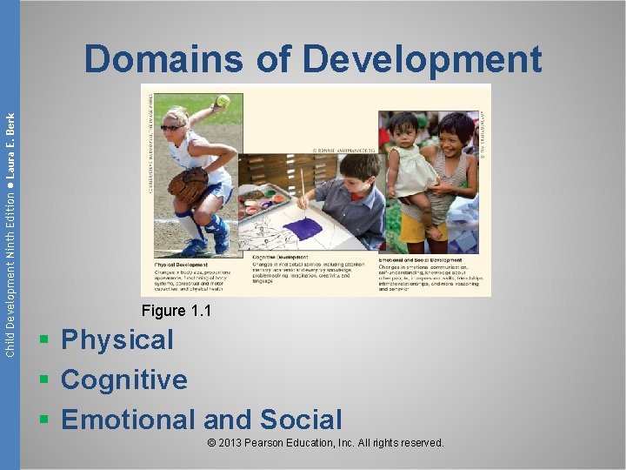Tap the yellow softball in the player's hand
(223, 100)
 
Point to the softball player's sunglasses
(171, 127)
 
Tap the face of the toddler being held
(404, 128)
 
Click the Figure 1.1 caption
(177, 311)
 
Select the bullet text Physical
(117, 339)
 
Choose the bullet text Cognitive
(124, 379)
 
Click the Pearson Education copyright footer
(326, 443)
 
